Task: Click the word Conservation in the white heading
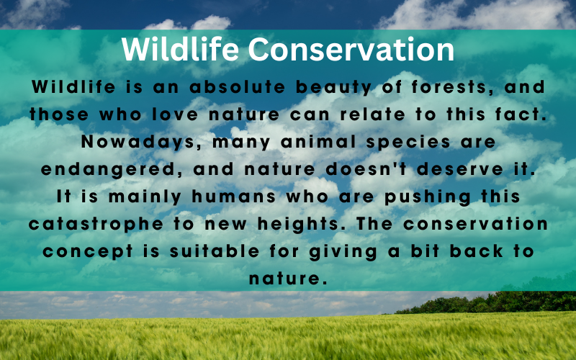click(351, 50)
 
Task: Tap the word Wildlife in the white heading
click(180, 49)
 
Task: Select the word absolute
click(238, 87)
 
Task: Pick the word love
click(175, 114)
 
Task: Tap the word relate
click(372, 114)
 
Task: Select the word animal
click(318, 142)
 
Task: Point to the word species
click(408, 143)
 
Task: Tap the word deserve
click(460, 169)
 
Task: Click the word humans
click(233, 197)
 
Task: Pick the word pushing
click(428, 197)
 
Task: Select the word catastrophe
click(96, 225)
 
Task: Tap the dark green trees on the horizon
click(489, 302)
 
